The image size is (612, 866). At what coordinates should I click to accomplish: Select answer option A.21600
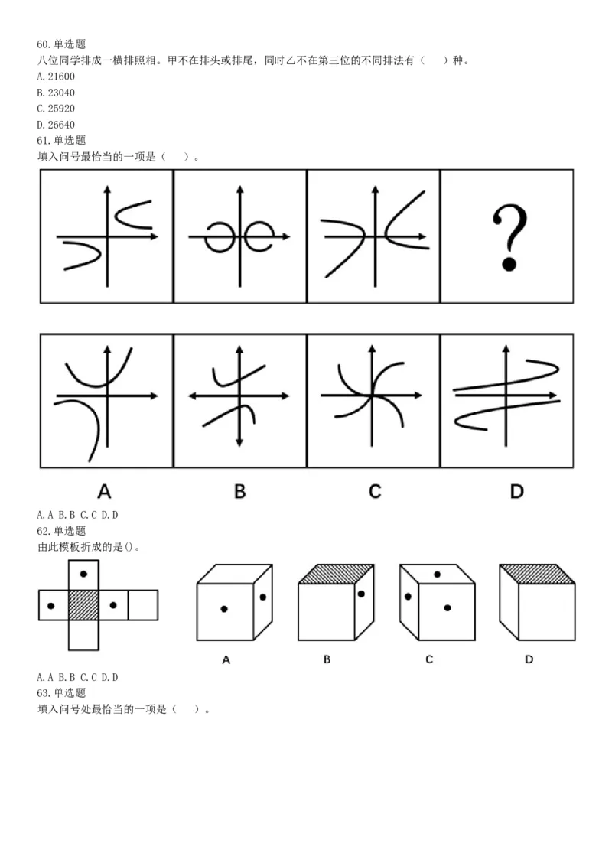coord(56,77)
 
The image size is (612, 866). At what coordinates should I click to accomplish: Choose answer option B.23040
coord(56,93)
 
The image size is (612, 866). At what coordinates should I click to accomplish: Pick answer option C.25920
coord(56,109)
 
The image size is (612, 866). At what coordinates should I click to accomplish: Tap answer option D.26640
coord(56,125)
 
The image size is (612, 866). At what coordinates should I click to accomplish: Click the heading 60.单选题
coord(61,44)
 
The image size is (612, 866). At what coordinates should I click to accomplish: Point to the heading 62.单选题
coord(61,531)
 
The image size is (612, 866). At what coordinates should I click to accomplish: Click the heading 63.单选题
coord(61,693)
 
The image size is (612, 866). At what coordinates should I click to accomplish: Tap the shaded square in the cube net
coord(83,605)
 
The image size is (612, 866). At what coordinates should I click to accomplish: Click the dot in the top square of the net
coord(83,573)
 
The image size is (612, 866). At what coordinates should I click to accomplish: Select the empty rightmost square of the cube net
coord(143,605)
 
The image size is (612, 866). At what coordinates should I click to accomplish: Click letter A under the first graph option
coord(104,490)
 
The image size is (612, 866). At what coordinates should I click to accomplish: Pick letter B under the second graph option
coord(239,490)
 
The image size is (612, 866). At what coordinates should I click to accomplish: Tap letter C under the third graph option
coord(374,490)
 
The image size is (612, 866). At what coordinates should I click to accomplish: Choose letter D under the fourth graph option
coord(517,490)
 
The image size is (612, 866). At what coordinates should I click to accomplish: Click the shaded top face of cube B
coord(336,574)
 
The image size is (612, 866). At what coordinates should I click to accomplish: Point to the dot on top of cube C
coord(437,574)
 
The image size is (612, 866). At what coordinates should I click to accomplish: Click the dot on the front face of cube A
coord(224,609)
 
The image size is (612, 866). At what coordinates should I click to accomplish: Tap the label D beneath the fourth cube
coord(529,659)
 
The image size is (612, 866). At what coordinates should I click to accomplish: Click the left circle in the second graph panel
coord(219,237)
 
